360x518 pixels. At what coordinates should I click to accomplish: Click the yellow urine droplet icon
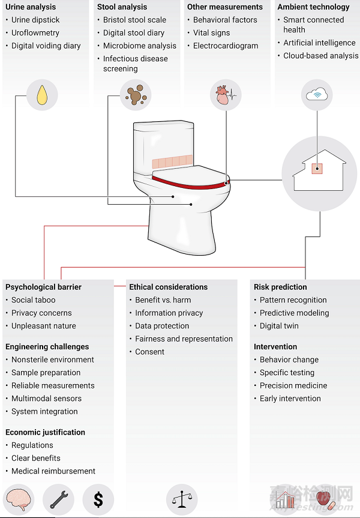pos(42,95)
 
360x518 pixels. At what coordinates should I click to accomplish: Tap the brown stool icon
pos(135,95)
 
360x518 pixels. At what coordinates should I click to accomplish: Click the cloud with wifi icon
pos(316,95)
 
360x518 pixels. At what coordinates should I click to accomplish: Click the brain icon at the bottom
pos(20,499)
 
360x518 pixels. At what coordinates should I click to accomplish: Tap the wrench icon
pos(59,499)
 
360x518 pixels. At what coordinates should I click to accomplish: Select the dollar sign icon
pos(97,499)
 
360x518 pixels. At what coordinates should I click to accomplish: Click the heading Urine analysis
pos(31,7)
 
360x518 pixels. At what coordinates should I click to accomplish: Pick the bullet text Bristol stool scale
pos(134,20)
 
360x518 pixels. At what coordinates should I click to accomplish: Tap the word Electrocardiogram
pos(226,46)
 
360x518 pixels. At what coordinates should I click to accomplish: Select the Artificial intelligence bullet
pos(319,43)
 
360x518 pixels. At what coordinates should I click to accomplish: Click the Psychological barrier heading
pos(43,287)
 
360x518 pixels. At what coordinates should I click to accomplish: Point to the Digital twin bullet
pos(279,326)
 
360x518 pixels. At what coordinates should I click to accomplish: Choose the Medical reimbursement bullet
pos(53,471)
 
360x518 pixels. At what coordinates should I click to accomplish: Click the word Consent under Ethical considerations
pos(149,352)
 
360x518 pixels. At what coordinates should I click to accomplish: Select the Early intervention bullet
pos(290,399)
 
